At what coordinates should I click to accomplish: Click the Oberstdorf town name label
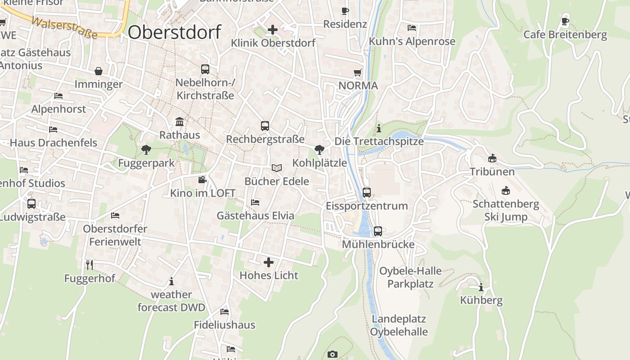point(175,32)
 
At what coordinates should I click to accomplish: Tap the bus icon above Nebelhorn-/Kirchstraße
point(205,69)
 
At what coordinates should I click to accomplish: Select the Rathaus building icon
point(180,121)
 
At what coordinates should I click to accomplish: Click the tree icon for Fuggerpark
point(146,149)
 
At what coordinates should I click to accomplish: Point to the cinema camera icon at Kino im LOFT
point(202,180)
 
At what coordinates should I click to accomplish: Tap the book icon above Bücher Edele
point(276,168)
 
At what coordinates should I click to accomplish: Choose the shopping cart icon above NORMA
point(358,72)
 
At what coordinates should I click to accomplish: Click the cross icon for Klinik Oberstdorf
point(273,30)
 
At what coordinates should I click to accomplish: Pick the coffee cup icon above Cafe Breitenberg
point(566,21)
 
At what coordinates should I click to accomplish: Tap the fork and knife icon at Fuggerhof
point(90,265)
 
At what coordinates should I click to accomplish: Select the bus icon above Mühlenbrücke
point(378,231)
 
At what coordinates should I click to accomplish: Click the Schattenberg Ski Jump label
point(506,210)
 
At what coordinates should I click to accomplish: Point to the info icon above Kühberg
point(481,287)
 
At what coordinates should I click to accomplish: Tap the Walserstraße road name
point(65,28)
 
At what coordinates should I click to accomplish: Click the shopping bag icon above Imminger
point(99,71)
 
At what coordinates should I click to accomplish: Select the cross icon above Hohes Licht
point(269,262)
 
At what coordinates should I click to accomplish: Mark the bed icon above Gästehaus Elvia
point(255,202)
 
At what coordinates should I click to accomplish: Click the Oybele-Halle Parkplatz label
point(410,277)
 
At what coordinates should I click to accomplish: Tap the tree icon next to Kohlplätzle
point(319,149)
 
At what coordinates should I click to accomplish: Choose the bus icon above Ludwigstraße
point(31,204)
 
